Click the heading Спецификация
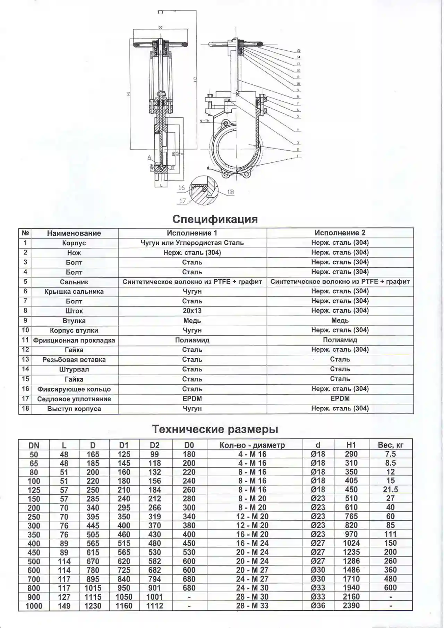tap(215, 219)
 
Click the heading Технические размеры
tap(215, 429)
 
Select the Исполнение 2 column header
tap(340, 233)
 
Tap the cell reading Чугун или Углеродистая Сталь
tap(192, 243)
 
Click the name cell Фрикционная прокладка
tap(74, 340)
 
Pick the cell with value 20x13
tap(192, 311)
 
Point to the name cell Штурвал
tap(74, 369)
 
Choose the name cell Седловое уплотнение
tap(74, 399)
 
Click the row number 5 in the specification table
tap(25, 282)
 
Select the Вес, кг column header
tap(390, 445)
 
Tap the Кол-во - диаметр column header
tap(252, 445)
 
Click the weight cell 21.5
tap(390, 489)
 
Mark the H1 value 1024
tap(351, 543)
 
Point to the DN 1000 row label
tap(34, 606)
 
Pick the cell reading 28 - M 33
tap(252, 606)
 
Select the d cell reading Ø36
tap(318, 606)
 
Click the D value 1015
tap(93, 588)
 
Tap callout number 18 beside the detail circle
tap(230, 192)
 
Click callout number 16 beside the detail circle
tap(181, 188)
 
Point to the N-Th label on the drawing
tap(205, 121)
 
